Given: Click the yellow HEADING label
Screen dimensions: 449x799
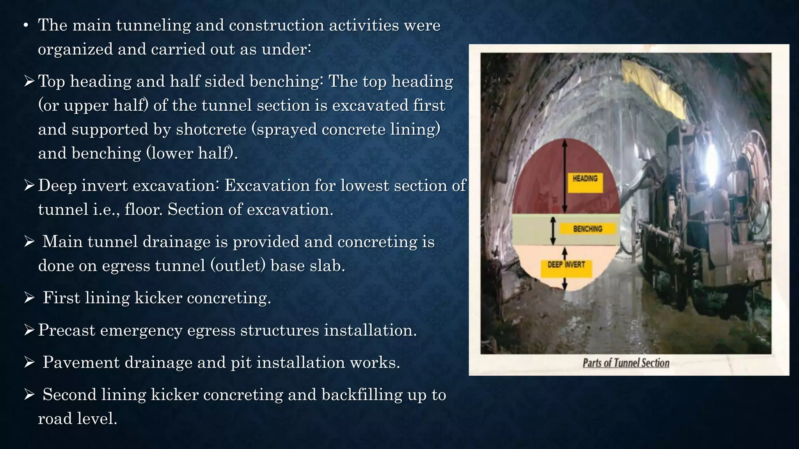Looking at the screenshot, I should point(585,182).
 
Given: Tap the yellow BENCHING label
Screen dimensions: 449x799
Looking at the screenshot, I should point(588,229).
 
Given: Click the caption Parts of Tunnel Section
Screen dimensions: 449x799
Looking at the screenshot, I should point(626,363).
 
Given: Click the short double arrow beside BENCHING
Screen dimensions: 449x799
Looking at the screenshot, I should point(553,231).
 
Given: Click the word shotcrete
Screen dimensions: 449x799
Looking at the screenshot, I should point(211,129).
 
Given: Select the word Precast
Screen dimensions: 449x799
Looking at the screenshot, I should point(67,330).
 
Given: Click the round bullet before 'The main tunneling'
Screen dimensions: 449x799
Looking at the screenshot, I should point(26,26).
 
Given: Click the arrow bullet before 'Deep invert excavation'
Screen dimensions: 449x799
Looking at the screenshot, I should point(29,186).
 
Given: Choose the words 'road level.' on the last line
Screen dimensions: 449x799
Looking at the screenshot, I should point(78,419).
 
